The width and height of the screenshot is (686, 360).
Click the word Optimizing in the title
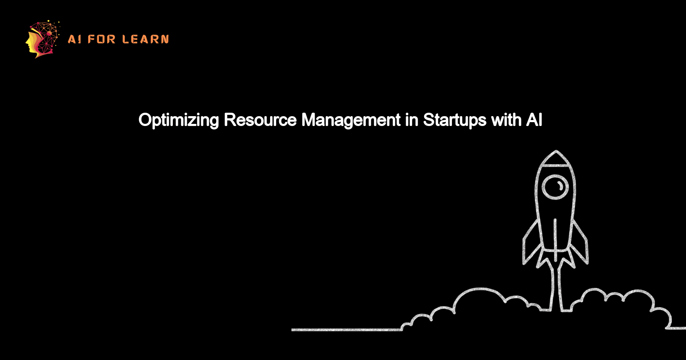pos(178,120)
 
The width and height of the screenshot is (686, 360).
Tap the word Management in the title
pos(351,120)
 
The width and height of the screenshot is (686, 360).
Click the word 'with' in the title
pos(506,120)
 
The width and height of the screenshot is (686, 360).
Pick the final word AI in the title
pos(534,120)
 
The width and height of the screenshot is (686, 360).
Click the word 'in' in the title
pos(412,120)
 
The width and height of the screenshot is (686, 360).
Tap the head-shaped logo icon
pos(42,39)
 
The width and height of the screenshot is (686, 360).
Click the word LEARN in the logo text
pos(145,39)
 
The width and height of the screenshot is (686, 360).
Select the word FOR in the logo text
pos(102,39)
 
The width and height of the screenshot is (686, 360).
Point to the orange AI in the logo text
pos(74,39)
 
